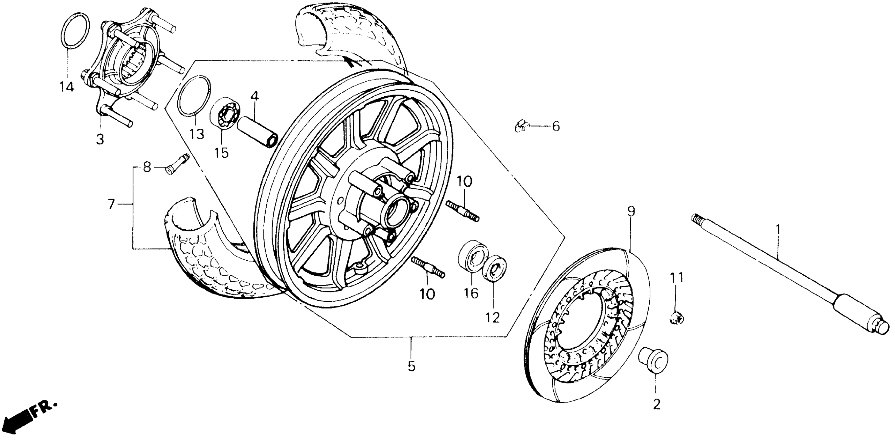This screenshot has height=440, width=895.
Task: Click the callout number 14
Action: click(x=66, y=87)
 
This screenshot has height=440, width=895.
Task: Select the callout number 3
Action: click(x=100, y=140)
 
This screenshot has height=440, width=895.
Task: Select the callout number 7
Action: click(x=111, y=204)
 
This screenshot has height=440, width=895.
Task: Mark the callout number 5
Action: click(x=411, y=366)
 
